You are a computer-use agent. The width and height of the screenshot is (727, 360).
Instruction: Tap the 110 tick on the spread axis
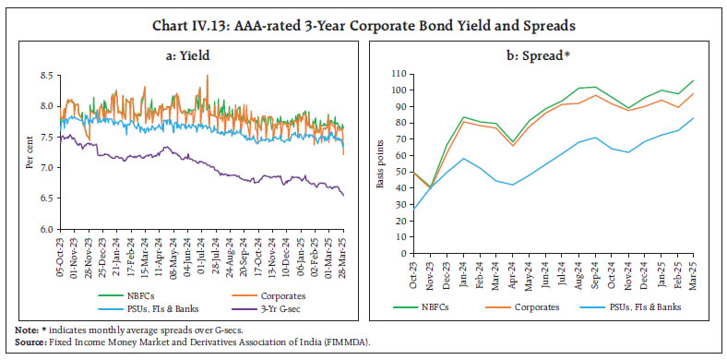399,73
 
